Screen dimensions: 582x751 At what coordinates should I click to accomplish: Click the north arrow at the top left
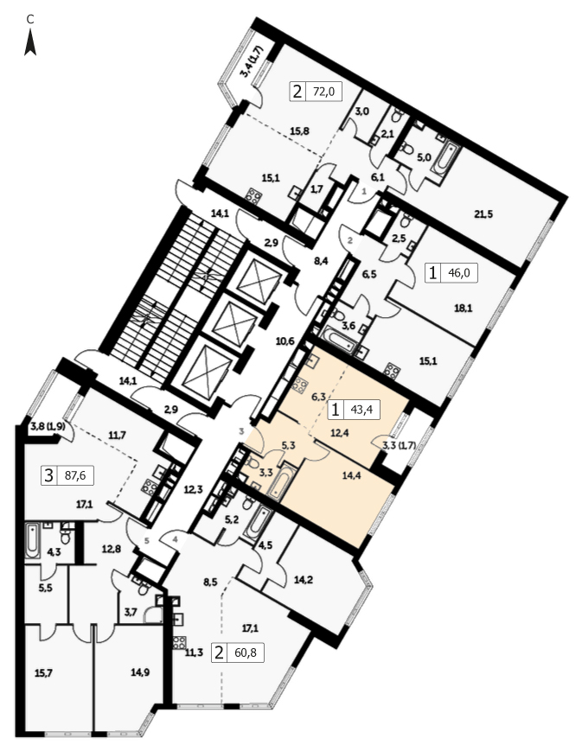(30, 41)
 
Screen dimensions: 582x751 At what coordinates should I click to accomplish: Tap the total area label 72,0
(323, 91)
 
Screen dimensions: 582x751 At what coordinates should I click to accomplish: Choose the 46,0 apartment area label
(459, 273)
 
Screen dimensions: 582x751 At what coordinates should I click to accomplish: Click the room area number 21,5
(483, 214)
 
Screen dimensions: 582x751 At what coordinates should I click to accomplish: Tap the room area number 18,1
(464, 309)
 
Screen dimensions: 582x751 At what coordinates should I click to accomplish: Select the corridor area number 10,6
(285, 341)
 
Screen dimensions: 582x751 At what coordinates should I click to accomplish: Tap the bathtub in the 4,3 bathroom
(33, 541)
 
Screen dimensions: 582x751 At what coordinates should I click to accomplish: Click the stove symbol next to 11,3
(180, 641)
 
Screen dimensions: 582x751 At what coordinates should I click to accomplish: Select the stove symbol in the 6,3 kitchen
(301, 385)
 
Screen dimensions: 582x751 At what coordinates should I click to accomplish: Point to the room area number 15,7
(43, 673)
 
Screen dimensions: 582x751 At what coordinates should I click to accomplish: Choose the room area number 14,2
(303, 580)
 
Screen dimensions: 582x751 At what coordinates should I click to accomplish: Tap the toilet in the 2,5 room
(406, 221)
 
